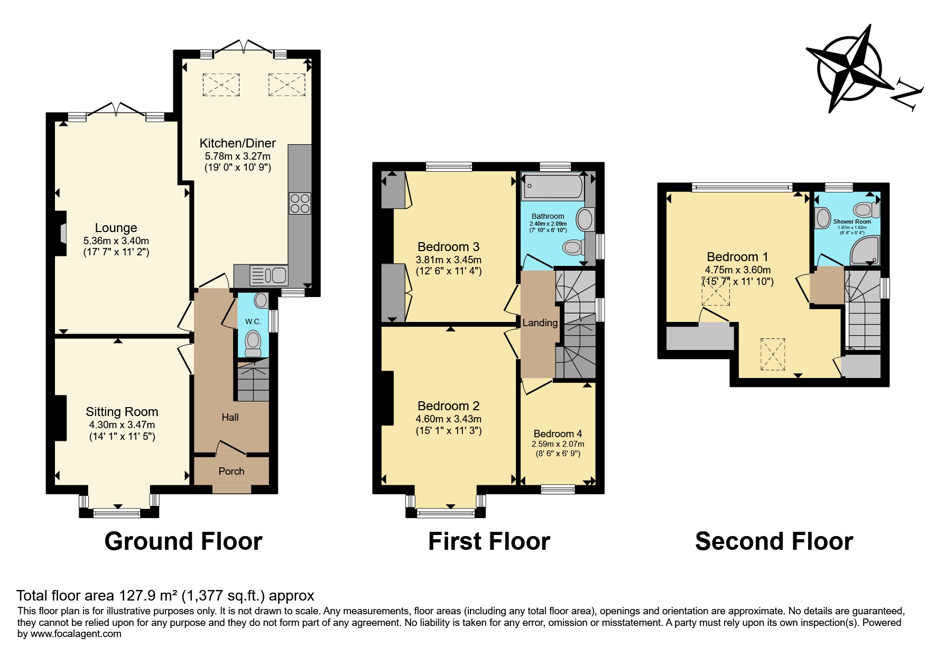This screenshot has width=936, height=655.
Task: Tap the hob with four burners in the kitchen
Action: (x=300, y=203)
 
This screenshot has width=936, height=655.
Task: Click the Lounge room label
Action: (x=116, y=228)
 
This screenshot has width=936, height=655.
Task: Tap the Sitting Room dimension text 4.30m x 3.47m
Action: (x=122, y=425)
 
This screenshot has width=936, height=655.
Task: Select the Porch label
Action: (x=231, y=471)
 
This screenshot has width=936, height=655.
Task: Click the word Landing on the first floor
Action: (x=540, y=323)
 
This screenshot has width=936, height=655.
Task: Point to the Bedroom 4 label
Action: (x=558, y=433)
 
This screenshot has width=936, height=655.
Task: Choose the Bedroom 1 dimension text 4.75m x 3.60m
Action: (x=738, y=270)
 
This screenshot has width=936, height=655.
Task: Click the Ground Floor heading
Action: (x=183, y=541)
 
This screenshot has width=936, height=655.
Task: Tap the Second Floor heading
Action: (x=774, y=541)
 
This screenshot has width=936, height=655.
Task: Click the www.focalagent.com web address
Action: (x=76, y=633)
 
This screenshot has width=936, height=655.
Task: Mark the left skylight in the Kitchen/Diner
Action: (x=221, y=85)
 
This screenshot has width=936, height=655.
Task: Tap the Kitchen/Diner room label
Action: (x=238, y=143)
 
